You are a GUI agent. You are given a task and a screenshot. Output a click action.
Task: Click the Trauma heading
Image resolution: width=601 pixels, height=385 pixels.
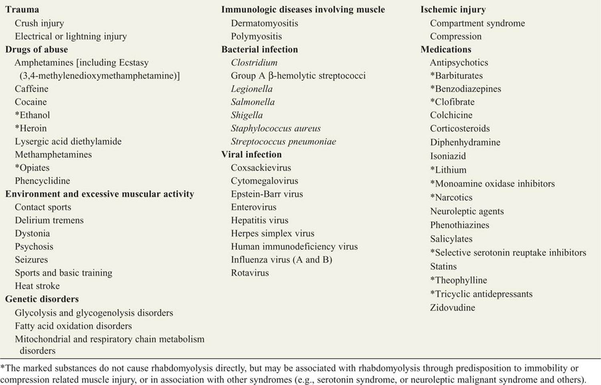tap(22, 10)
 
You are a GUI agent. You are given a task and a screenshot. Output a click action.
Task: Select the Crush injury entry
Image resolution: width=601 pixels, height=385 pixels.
tap(39, 23)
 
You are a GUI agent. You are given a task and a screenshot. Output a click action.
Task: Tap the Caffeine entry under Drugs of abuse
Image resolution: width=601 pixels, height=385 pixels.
tap(31, 89)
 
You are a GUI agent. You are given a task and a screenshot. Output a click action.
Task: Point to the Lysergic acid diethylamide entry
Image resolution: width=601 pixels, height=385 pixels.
tap(68, 141)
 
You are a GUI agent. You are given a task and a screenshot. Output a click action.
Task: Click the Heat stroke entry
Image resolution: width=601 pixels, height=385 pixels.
tap(37, 286)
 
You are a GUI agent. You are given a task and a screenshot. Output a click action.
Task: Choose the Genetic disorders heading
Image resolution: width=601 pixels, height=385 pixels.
tap(42, 299)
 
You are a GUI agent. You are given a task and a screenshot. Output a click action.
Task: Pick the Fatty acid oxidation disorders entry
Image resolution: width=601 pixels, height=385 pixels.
tap(73, 326)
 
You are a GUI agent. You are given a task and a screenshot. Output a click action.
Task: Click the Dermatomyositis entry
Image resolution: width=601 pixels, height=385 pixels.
tap(264, 23)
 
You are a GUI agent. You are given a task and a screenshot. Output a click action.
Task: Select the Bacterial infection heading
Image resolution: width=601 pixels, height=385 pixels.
tap(260, 49)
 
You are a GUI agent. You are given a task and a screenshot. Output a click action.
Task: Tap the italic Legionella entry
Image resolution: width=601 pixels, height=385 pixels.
tap(252, 89)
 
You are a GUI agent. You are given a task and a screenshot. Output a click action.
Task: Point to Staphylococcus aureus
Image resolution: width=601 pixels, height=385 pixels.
tap(276, 128)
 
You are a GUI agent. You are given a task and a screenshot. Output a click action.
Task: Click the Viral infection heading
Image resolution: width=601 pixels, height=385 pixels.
tap(251, 154)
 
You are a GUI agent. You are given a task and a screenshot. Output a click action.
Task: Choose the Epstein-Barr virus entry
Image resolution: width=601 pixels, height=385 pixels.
tap(267, 194)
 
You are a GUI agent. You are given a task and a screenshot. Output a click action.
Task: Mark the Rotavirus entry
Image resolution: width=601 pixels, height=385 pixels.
tap(250, 273)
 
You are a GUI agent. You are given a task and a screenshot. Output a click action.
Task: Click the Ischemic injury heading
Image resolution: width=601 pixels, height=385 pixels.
tap(453, 10)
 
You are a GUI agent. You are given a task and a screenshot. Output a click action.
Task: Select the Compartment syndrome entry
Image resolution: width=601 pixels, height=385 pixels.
tap(477, 23)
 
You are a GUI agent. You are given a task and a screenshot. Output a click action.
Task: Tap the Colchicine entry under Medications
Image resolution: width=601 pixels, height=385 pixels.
tap(451, 115)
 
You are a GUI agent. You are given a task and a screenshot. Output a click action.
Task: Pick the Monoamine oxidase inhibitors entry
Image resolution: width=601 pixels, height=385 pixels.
tap(495, 183)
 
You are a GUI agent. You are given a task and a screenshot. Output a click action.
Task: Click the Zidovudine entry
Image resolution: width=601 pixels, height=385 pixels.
tap(452, 308)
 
